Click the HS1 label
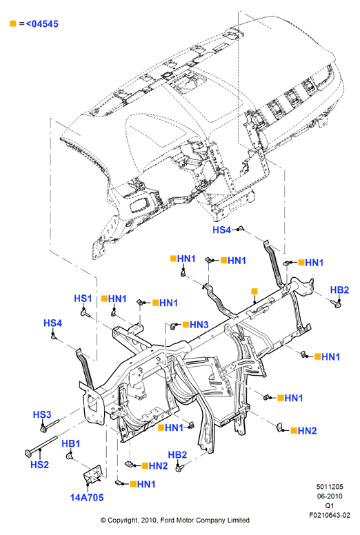point(83,299)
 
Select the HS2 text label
point(39,465)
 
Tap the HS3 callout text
point(42,414)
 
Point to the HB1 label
point(71,443)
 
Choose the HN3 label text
point(199,325)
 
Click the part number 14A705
point(87,498)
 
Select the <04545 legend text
point(42,24)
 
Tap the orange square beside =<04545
point(13,23)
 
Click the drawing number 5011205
point(330,487)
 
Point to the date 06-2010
point(330,496)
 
